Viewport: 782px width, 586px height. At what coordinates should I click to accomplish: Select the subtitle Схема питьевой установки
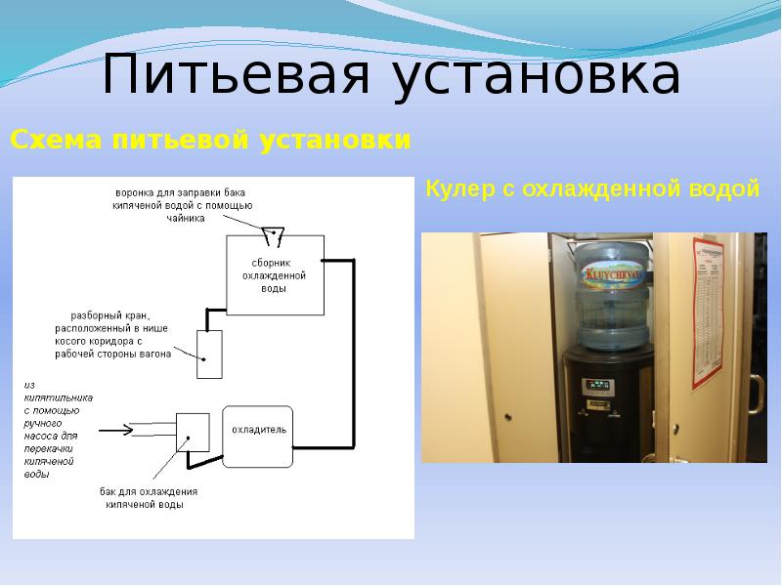(209, 141)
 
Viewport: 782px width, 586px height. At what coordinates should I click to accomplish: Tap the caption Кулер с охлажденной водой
(592, 189)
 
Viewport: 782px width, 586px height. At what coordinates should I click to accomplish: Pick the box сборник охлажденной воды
(274, 275)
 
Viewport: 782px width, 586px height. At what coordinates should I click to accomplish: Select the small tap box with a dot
(209, 354)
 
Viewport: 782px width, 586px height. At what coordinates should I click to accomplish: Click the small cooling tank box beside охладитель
(194, 431)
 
